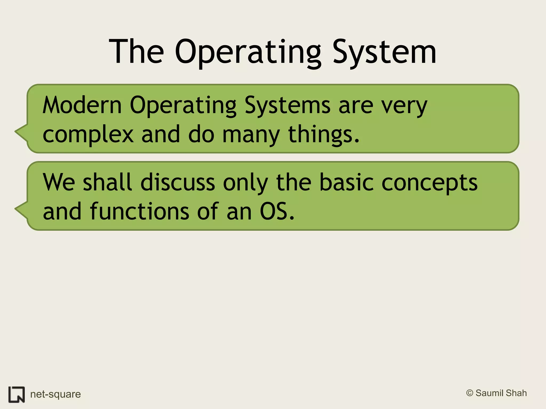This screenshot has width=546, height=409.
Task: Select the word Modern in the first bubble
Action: click(82, 105)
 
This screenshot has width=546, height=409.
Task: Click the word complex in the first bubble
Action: click(88, 134)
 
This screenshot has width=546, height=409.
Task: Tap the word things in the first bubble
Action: click(323, 134)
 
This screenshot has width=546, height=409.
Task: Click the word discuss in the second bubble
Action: click(178, 183)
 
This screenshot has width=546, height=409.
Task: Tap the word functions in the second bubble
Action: click(140, 211)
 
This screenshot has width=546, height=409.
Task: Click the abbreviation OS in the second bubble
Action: click(276, 211)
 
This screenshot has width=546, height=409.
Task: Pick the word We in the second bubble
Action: click(59, 183)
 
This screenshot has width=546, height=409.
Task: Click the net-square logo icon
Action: click(17, 394)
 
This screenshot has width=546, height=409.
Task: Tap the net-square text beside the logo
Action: click(55, 394)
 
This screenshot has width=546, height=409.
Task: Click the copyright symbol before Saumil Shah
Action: click(469, 393)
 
